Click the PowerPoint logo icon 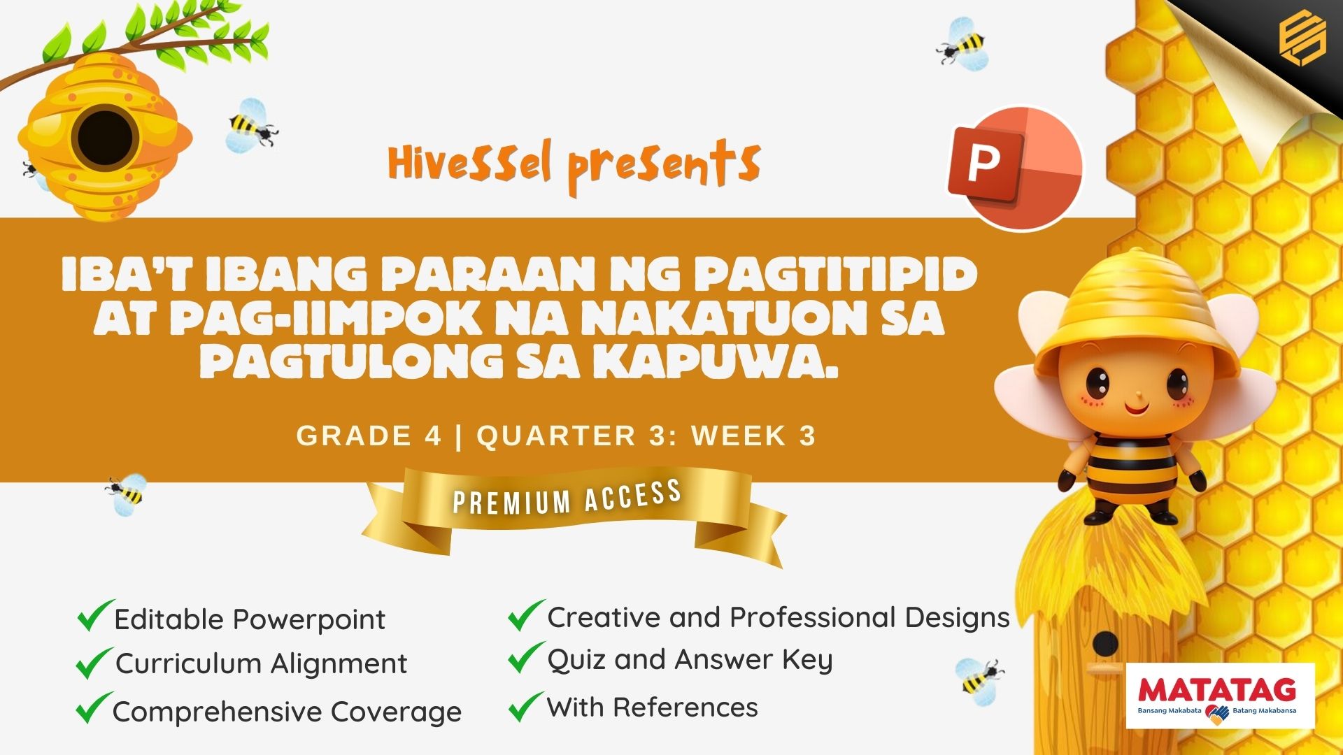[x=1014, y=168]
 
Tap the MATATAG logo [x=1220, y=696]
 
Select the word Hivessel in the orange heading [x=470, y=163]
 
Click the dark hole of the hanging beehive [x=104, y=137]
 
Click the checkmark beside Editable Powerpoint [x=95, y=615]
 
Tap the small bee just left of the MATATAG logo [x=980, y=677]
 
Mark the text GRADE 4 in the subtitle [x=369, y=436]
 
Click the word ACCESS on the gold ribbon [x=633, y=495]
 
